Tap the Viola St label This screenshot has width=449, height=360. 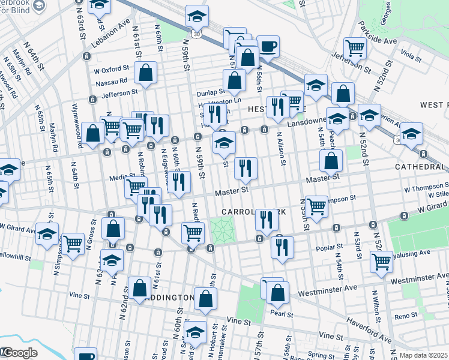[410, 56]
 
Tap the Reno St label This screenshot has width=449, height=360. [406, 316]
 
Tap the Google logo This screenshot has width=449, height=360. [19, 353]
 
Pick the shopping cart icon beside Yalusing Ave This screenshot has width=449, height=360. [382, 261]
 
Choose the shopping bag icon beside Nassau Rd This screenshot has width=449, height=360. [146, 73]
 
